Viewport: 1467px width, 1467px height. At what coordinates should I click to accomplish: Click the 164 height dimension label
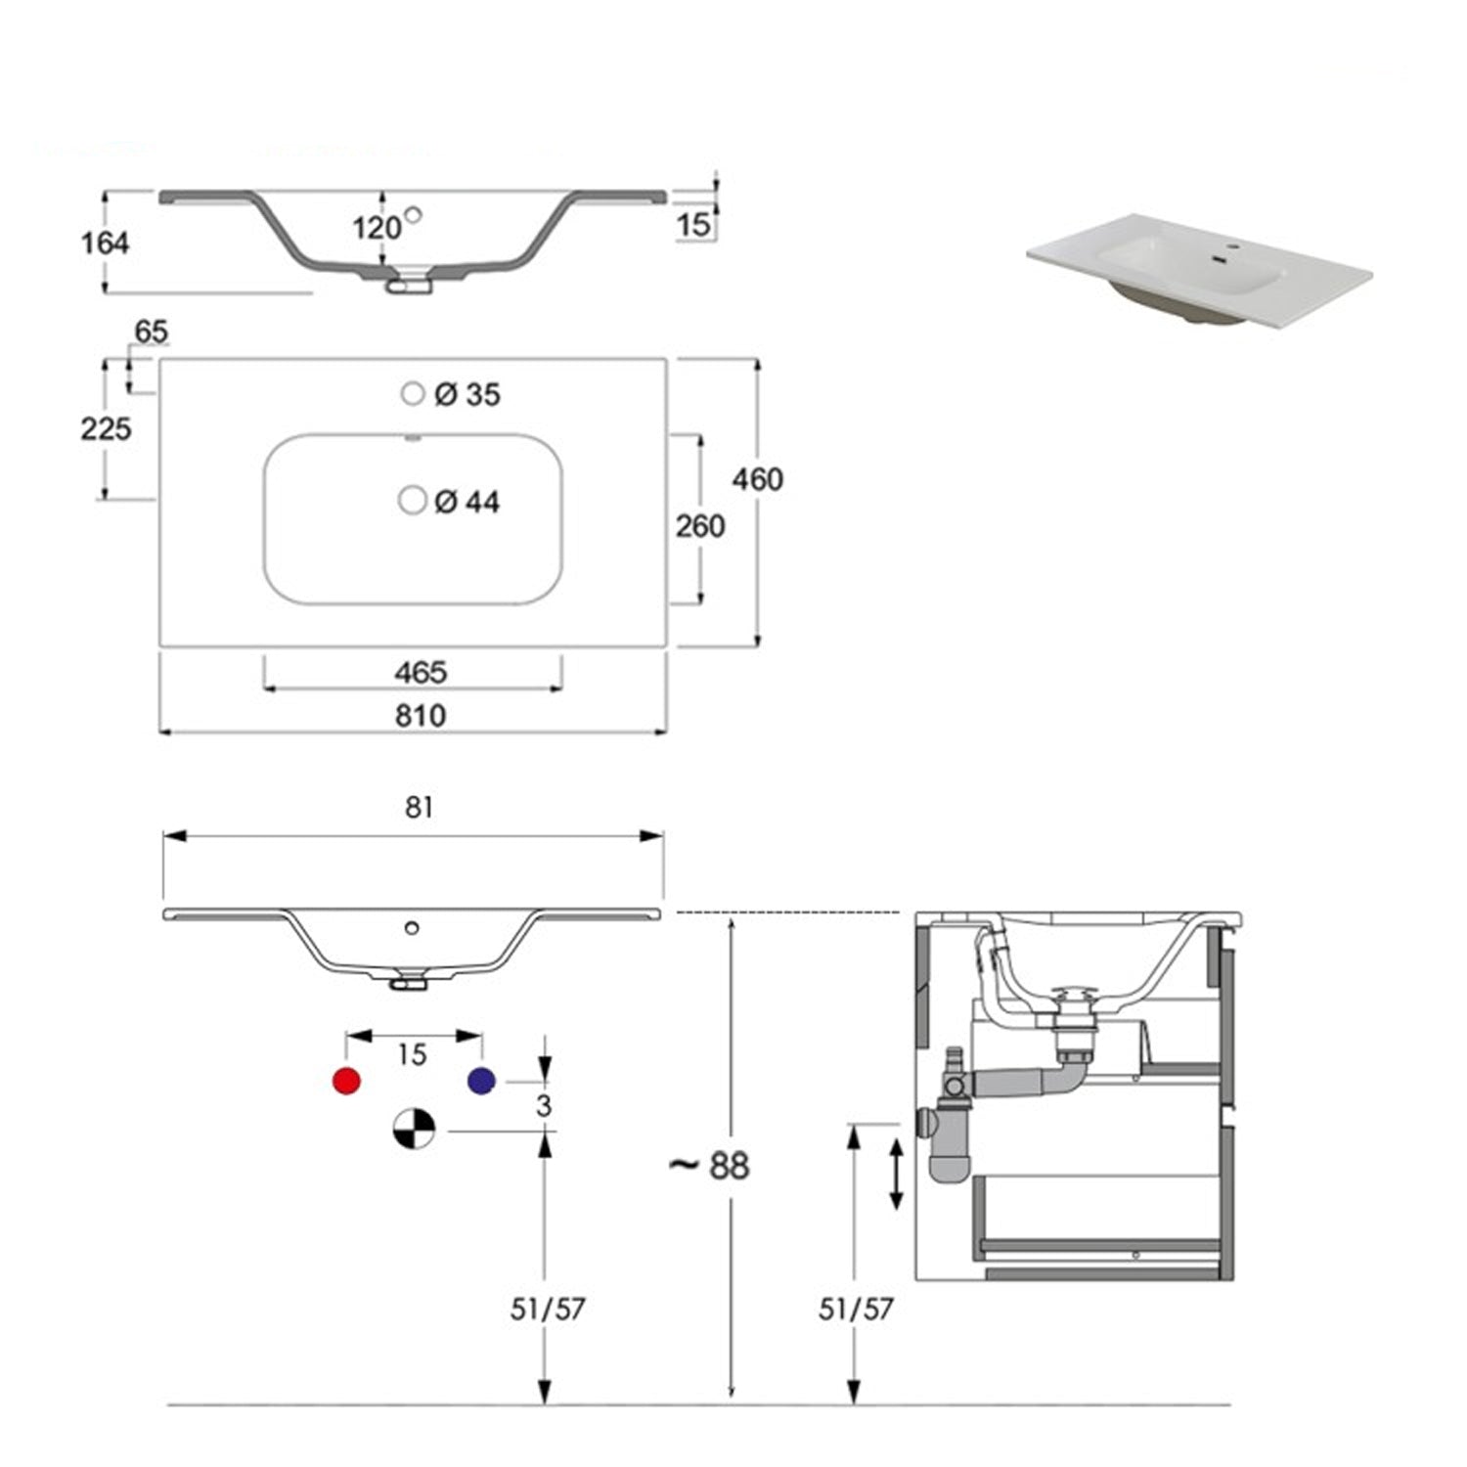click(x=105, y=243)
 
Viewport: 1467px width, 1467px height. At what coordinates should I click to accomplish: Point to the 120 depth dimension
click(x=376, y=228)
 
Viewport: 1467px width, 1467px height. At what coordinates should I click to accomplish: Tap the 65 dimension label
click(x=151, y=332)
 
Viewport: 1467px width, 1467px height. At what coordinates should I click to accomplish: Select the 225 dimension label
click(x=106, y=428)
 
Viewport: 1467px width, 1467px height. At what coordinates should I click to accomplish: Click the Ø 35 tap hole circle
click(x=413, y=393)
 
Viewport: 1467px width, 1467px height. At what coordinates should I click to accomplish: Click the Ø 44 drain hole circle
click(x=413, y=501)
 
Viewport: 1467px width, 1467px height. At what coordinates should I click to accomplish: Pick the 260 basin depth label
click(x=700, y=526)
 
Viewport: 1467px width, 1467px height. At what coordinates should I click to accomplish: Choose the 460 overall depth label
click(x=758, y=479)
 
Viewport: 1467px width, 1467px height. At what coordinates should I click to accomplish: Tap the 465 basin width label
click(x=421, y=673)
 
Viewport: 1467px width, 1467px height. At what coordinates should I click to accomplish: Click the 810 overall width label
click(x=421, y=716)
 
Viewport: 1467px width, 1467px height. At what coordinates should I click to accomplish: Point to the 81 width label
click(x=419, y=807)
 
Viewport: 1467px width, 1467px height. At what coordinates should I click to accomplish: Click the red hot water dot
click(x=346, y=1081)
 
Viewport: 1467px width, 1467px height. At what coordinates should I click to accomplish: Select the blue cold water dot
click(x=481, y=1081)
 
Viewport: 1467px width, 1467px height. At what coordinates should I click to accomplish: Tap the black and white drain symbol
click(x=414, y=1129)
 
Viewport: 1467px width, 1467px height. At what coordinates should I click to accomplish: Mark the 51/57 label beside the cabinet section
click(x=856, y=1309)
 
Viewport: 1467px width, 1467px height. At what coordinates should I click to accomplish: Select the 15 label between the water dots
click(x=412, y=1054)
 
